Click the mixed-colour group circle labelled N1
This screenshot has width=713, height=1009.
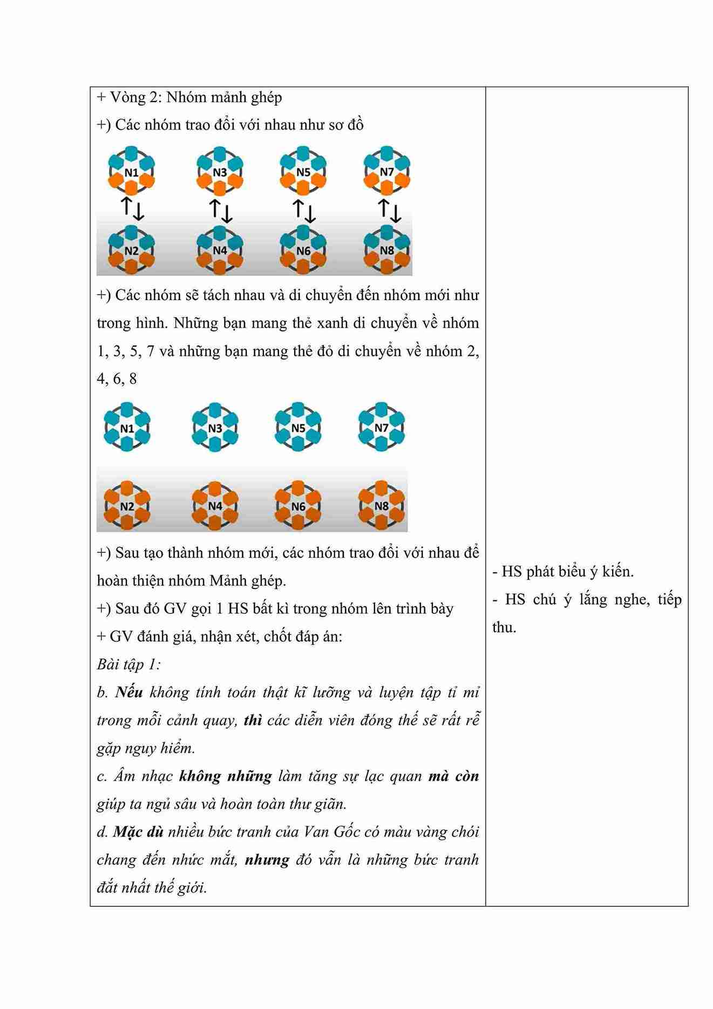[131, 172]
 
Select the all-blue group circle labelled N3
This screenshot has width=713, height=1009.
[215, 428]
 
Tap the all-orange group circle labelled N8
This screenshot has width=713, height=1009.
[381, 506]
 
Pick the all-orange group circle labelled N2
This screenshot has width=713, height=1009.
[127, 506]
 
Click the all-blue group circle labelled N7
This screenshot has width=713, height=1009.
[381, 428]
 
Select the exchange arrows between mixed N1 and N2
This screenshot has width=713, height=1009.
[132, 209]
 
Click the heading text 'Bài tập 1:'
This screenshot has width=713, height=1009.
[128, 664]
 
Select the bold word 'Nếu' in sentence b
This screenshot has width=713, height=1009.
[128, 692]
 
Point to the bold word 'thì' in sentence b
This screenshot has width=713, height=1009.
[253, 720]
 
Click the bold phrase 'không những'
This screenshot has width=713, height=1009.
[225, 776]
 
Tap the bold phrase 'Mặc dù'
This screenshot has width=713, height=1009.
[138, 832]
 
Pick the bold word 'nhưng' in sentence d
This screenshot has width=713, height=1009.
[267, 860]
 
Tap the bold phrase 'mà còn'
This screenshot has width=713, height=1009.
[453, 776]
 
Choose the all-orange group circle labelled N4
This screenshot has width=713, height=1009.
[215, 506]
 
